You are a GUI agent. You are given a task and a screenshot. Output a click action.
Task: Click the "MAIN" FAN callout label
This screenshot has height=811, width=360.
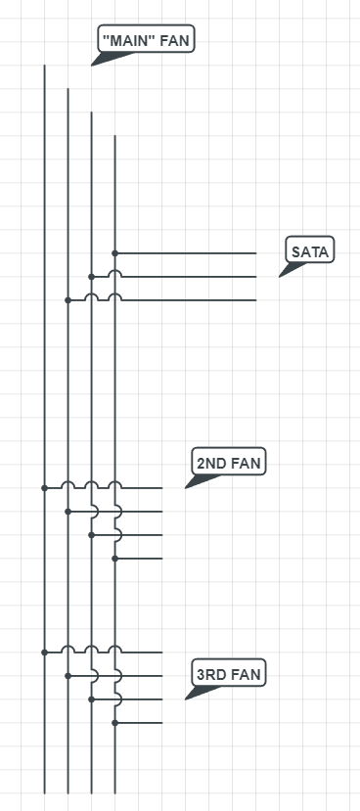tap(147, 39)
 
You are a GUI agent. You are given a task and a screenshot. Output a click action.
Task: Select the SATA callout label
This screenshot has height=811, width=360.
tap(310, 251)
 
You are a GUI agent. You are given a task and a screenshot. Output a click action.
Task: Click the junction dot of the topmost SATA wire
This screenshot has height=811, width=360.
tap(115, 252)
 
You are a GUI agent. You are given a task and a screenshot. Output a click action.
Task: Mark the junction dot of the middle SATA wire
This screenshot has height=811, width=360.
tap(91, 277)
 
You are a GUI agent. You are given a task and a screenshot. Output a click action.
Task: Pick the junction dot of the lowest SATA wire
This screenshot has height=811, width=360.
tap(67, 300)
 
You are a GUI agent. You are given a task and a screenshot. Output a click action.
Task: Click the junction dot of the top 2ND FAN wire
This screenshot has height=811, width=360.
tap(44, 487)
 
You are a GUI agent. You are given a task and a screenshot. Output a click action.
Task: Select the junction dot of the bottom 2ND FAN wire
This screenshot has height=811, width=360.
tap(115, 558)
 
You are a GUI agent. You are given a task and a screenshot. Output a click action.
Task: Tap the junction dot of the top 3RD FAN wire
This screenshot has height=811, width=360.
tap(44, 652)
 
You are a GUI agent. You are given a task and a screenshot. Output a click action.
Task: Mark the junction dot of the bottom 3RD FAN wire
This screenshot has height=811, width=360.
tap(115, 723)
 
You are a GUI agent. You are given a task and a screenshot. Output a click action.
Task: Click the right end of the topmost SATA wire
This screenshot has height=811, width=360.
tap(255, 252)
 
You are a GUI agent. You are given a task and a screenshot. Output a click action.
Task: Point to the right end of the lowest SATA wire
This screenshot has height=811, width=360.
tap(255, 300)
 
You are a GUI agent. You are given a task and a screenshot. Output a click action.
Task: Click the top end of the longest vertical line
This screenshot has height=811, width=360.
tap(44, 66)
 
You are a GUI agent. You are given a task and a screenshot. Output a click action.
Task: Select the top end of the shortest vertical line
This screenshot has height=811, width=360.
tap(115, 136)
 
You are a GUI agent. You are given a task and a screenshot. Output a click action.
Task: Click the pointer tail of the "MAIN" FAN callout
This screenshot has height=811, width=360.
tap(94, 64)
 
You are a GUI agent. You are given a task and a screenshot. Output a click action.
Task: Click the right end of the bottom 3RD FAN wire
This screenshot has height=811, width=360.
tap(161, 723)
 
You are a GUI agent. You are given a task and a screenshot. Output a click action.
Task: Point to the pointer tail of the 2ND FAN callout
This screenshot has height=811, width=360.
tap(188, 485)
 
